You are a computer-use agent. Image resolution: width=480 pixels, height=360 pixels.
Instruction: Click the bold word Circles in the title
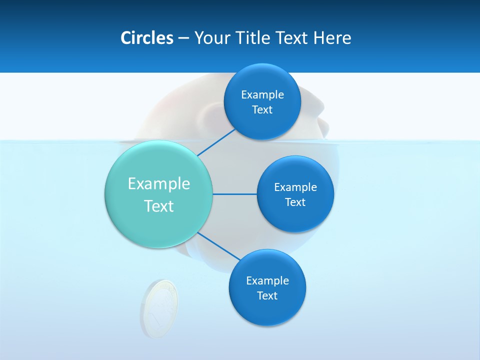[146, 38]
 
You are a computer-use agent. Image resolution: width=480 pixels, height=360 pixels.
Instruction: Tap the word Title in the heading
[254, 38]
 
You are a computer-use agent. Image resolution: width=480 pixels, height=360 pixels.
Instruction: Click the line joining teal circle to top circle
[216, 142]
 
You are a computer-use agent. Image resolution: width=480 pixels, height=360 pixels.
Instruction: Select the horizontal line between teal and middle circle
[235, 194]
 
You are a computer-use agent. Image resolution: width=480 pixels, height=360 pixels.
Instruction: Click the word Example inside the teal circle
[159, 183]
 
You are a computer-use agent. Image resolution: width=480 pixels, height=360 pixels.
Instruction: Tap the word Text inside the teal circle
[159, 206]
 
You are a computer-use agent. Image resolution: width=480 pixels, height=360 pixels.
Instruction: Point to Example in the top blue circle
[262, 95]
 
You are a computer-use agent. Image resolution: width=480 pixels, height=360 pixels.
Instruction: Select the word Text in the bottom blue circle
[267, 295]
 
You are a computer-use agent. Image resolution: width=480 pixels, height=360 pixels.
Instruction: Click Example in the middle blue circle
[295, 187]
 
